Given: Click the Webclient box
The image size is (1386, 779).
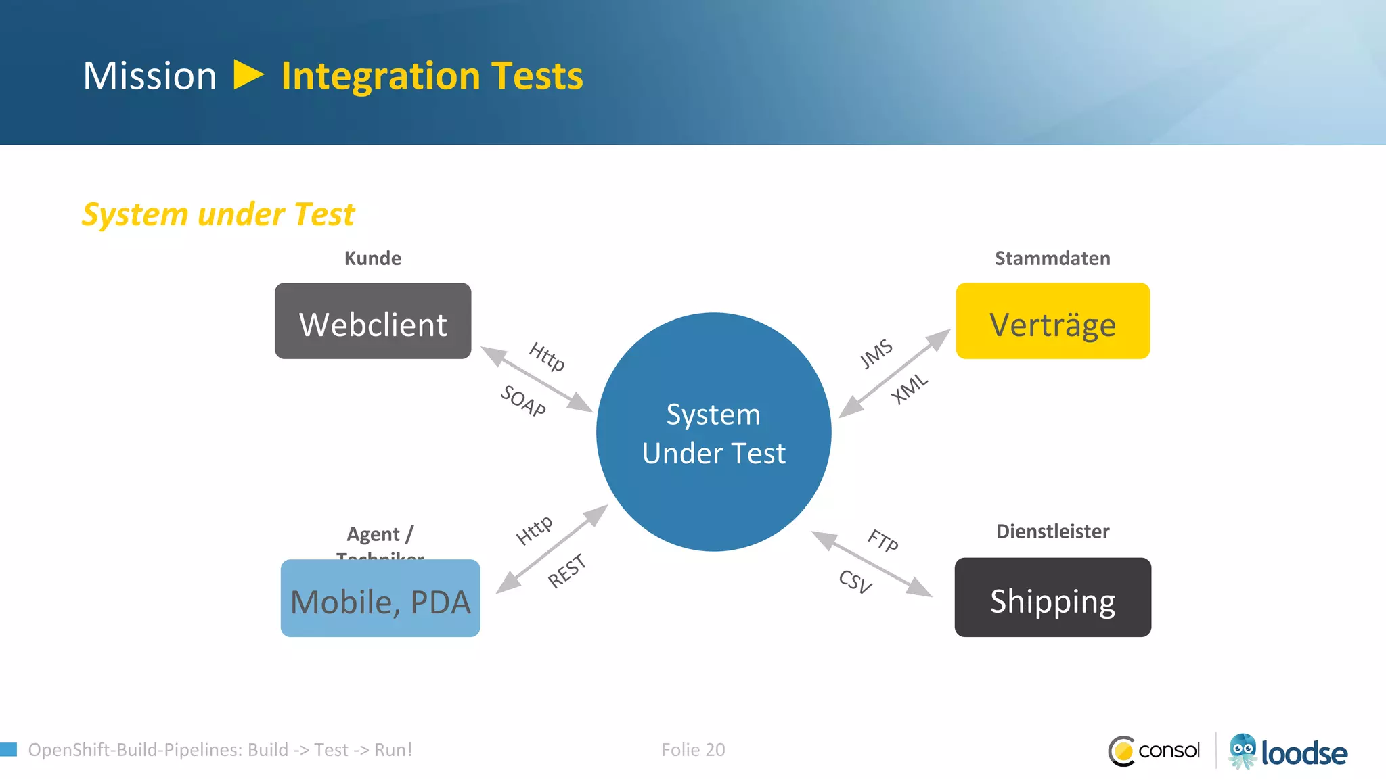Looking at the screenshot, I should (x=373, y=321).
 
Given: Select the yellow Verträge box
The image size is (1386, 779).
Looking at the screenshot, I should (x=1052, y=321).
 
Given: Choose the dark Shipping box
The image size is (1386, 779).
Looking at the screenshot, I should (x=1052, y=598).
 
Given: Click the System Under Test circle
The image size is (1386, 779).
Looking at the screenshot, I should (x=713, y=433).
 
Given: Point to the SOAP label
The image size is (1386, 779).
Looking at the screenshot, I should (x=523, y=401).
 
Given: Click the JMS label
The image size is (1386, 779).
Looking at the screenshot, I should (x=876, y=354).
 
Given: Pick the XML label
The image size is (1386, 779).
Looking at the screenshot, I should (x=909, y=389).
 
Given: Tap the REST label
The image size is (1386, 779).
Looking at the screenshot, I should (x=566, y=571).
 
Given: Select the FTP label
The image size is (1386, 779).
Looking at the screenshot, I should (x=883, y=541).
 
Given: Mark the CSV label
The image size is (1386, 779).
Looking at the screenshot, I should (x=855, y=582).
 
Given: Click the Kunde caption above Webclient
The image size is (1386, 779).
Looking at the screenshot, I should (x=373, y=258).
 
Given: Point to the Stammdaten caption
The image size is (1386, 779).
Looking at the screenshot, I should (x=1052, y=258).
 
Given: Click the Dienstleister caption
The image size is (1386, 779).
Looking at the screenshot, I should (x=1052, y=532).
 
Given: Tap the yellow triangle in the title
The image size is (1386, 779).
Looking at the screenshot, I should (x=248, y=75).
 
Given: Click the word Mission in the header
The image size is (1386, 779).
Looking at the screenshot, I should (x=150, y=76).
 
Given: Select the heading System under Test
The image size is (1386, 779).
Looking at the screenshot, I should (x=218, y=214).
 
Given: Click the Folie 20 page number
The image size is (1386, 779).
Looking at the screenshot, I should (x=693, y=750).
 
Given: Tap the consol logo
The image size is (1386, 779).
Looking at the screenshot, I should (x=1155, y=751).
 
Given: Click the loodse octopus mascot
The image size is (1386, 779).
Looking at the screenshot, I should (x=1243, y=751).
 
